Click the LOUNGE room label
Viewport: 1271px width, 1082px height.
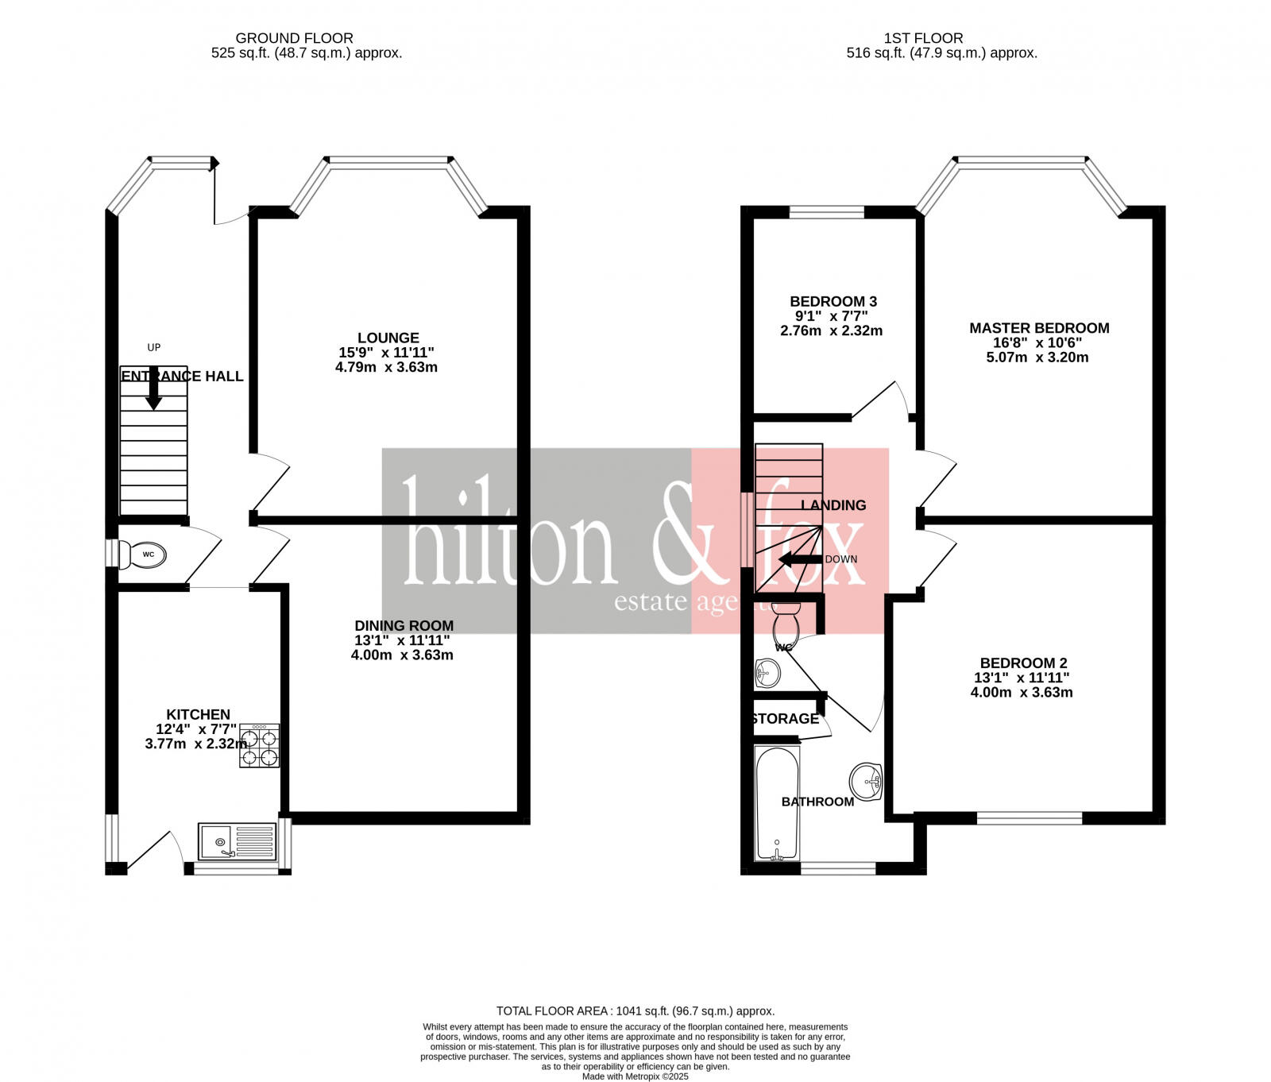pos(388,338)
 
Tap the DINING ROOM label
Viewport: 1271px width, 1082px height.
pos(404,626)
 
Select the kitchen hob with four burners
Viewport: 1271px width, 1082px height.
pos(259,745)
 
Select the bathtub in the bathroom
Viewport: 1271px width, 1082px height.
pos(777,803)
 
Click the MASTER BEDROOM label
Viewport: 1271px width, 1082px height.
pos(1038,328)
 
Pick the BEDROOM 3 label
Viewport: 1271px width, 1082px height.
pos(833,302)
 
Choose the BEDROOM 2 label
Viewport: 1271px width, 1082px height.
pos(1023,663)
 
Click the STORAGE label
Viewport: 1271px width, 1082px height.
pos(785,719)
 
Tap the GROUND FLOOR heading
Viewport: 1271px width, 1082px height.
pos(294,38)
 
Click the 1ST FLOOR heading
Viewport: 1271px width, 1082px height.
pos(923,38)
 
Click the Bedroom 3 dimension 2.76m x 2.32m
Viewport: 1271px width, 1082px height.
pos(831,331)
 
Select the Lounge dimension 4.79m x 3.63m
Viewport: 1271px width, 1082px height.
pos(386,368)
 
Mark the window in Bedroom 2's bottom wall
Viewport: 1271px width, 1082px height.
pos(1029,817)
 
